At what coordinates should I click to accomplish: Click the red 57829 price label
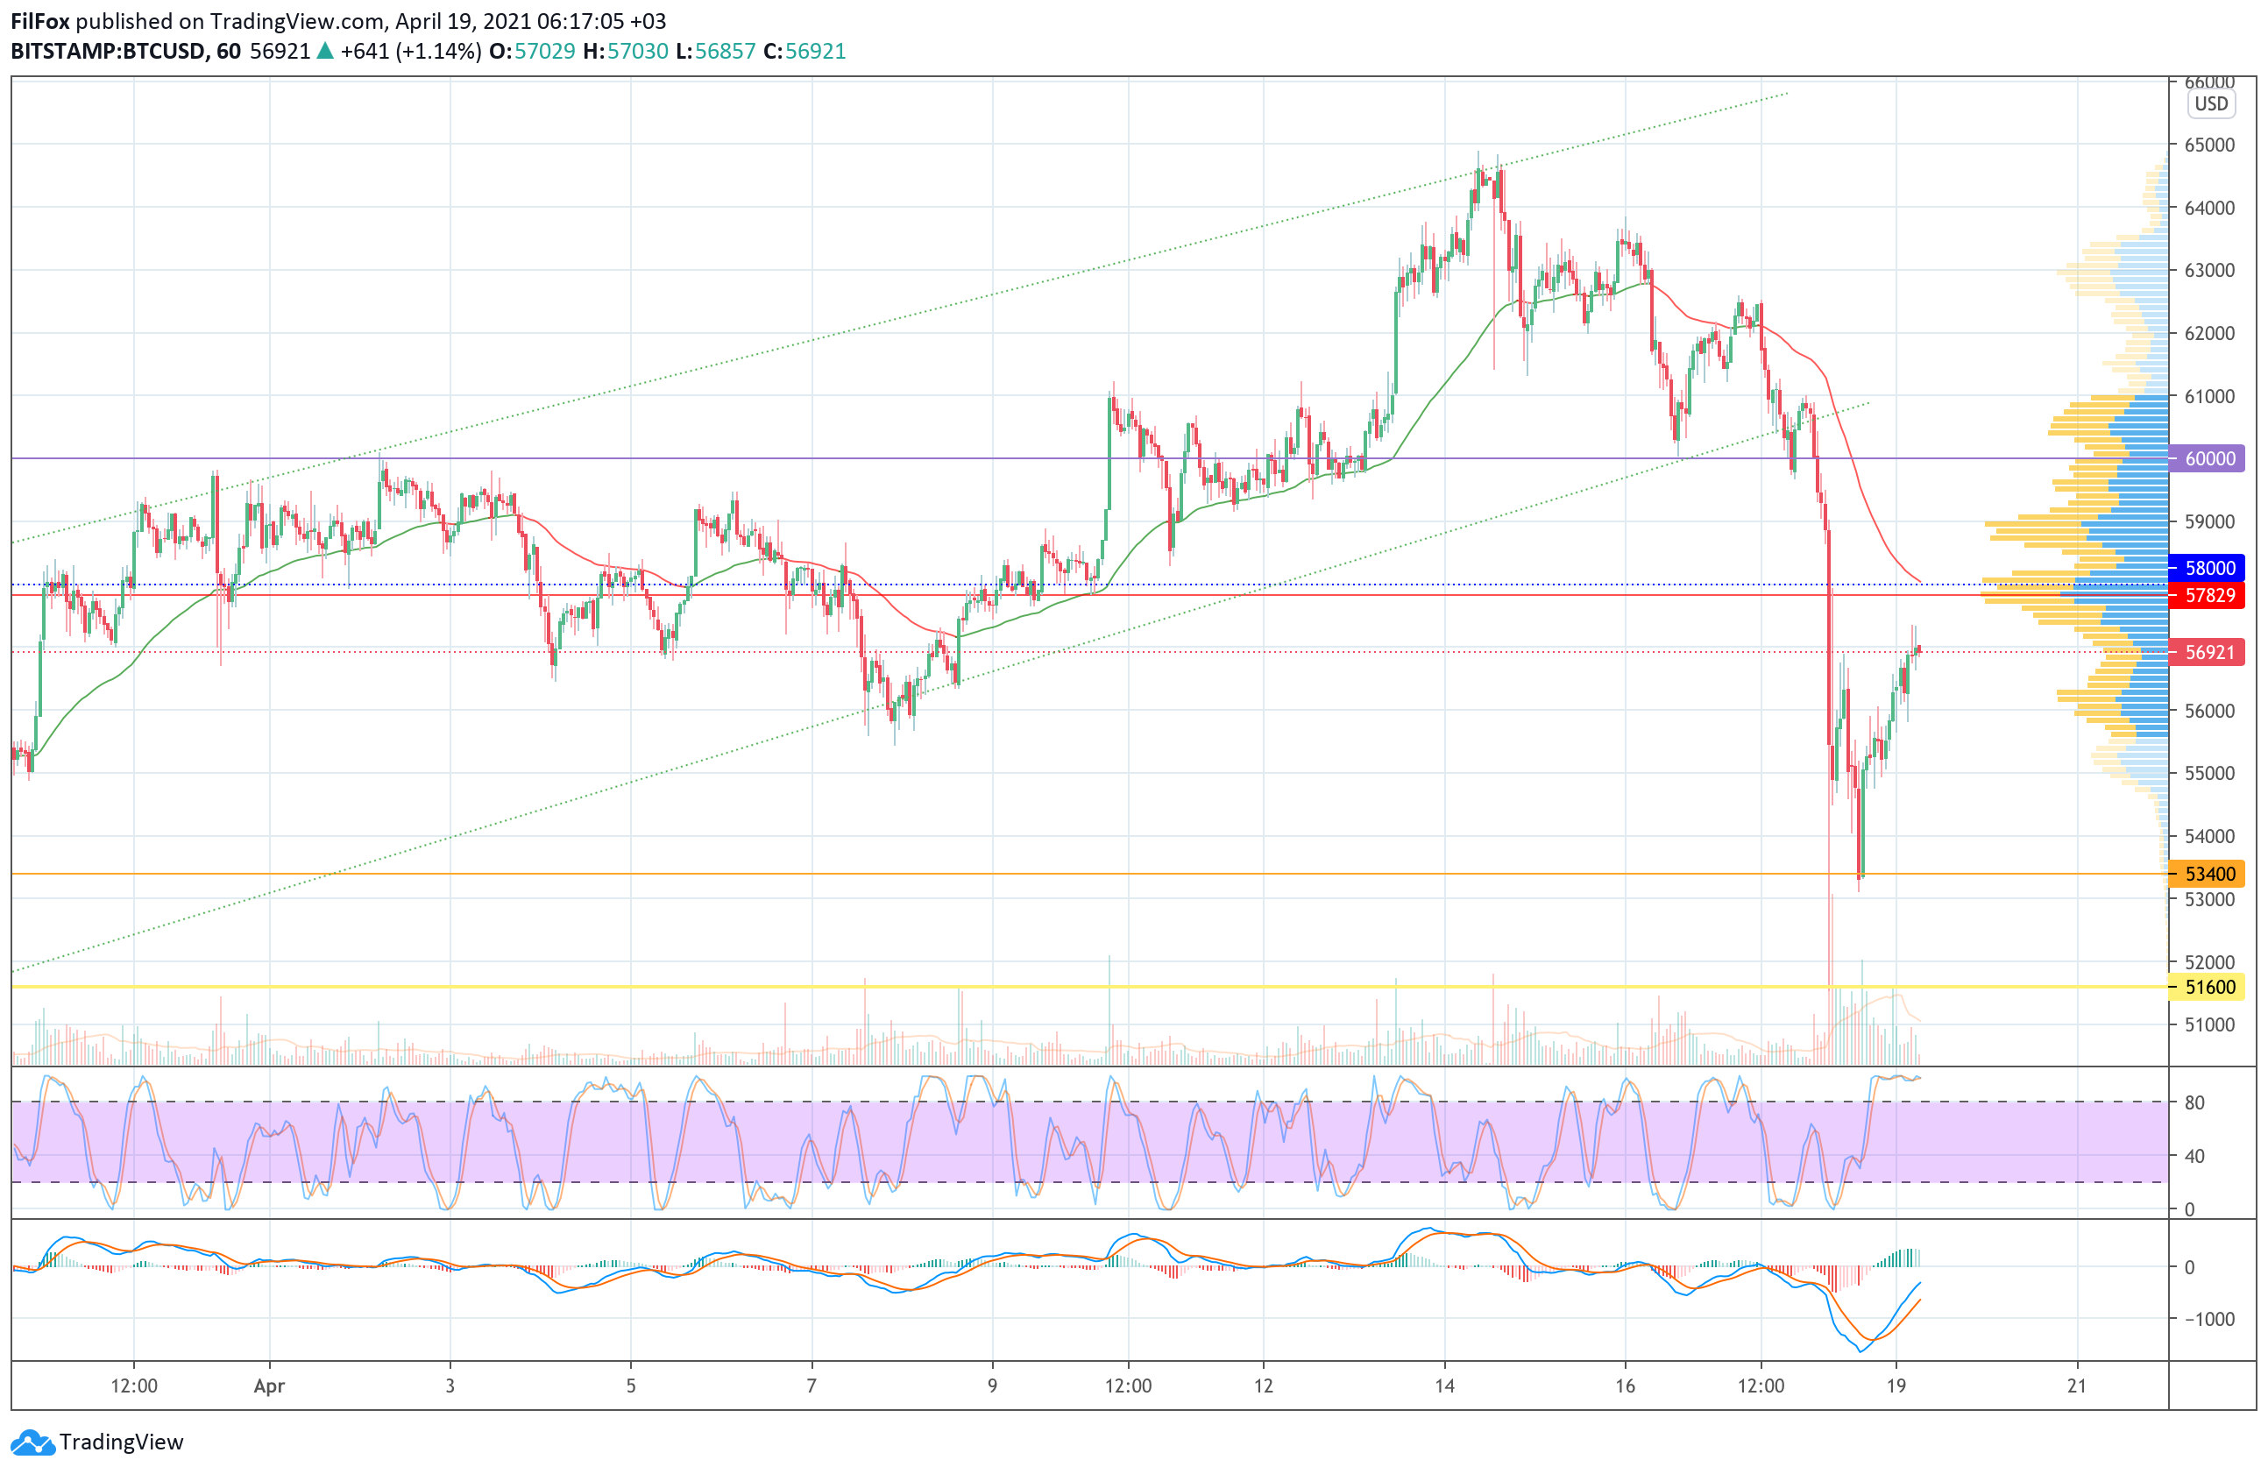2208,596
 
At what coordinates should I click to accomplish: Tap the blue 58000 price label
2208,568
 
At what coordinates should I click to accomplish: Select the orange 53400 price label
2208,874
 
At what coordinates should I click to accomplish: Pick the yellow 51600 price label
2208,987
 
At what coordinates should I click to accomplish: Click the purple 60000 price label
2208,458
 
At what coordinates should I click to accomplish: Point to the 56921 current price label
2208,653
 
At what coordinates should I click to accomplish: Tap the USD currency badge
2211,104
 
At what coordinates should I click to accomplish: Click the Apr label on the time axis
270,1386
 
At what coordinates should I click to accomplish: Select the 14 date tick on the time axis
1444,1386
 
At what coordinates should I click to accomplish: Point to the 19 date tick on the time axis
1896,1386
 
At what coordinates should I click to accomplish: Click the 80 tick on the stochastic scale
2194,1102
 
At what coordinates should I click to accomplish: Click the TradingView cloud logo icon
33,1442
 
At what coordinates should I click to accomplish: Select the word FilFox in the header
40,21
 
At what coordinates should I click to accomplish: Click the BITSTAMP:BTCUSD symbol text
108,52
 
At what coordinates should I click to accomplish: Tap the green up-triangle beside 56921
325,52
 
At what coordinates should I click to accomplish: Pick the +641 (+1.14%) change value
411,52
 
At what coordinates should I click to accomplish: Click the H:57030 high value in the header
625,52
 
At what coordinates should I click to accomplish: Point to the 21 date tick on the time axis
2076,1386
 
